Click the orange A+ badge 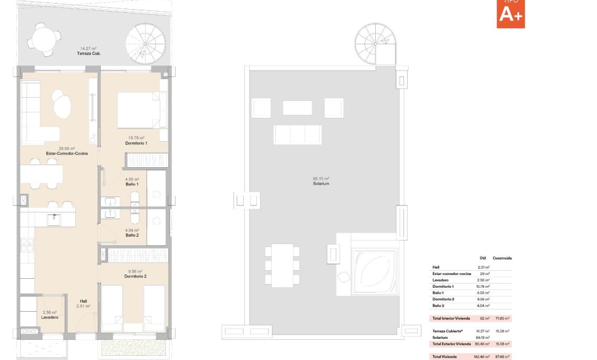pos(511,14)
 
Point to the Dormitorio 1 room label pos(136,143)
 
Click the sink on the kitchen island pos(55,219)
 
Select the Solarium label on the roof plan pos(321,184)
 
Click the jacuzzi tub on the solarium pos(375,272)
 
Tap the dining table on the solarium pos(282,265)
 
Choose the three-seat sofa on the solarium pos(297,135)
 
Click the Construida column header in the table pos(502,258)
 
